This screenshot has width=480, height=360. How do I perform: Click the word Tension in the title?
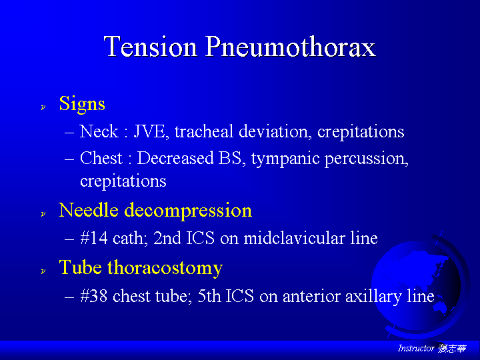point(150,46)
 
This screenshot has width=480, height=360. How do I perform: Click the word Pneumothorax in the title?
point(290,47)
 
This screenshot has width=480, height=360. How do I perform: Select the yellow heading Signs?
point(82,105)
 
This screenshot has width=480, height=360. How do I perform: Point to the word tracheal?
point(204,131)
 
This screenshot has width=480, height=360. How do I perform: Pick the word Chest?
point(101,158)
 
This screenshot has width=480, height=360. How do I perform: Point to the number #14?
point(94,238)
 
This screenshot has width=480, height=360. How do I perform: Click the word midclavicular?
point(294,238)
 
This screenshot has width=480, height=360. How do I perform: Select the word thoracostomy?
point(165,268)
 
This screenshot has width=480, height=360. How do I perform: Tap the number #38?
point(94,296)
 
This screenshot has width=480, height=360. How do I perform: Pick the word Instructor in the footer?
point(416,349)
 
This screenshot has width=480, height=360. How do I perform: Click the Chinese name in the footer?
point(452,349)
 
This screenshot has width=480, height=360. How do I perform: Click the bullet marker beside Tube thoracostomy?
point(43,271)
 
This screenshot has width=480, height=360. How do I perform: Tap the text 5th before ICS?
point(209,296)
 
